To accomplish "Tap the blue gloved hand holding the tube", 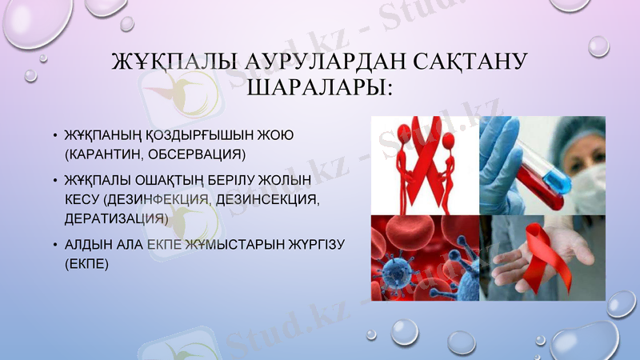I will [500, 156].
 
